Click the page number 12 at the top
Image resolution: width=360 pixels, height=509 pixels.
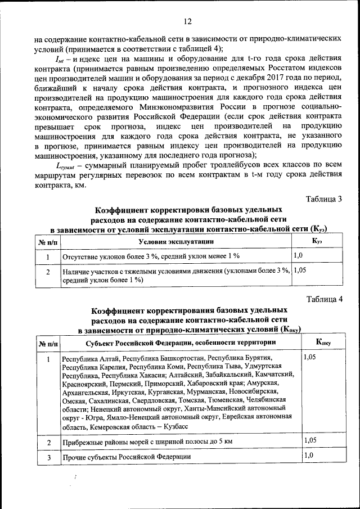click(x=187, y=21)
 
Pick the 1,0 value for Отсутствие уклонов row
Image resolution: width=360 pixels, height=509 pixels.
click(x=299, y=255)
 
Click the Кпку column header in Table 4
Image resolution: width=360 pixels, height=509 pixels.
click(x=323, y=341)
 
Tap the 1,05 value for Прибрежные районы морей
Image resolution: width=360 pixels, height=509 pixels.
click(x=310, y=440)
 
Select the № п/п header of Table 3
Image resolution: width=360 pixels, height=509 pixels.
click(x=48, y=241)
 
